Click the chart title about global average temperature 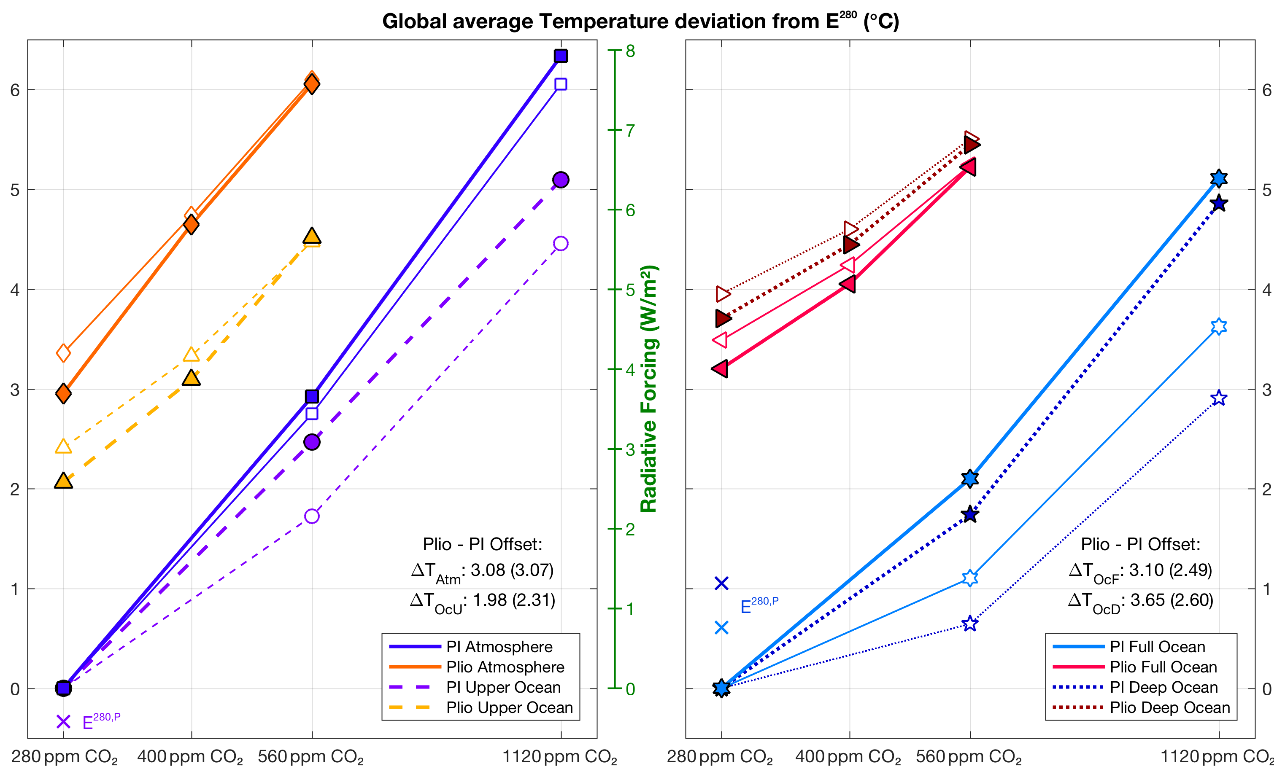pyautogui.click(x=640, y=21)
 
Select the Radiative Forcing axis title pyautogui.click(x=649, y=389)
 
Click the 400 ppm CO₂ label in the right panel pyautogui.click(x=848, y=757)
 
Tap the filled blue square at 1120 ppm pyautogui.click(x=561, y=56)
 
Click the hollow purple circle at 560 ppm pyautogui.click(x=312, y=516)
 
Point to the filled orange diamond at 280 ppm pyautogui.click(x=64, y=393)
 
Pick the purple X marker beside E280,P pyautogui.click(x=64, y=722)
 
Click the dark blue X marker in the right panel pyautogui.click(x=721, y=583)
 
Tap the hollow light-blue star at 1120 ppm pyautogui.click(x=1219, y=326)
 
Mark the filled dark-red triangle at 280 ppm pyautogui.click(x=723, y=318)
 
